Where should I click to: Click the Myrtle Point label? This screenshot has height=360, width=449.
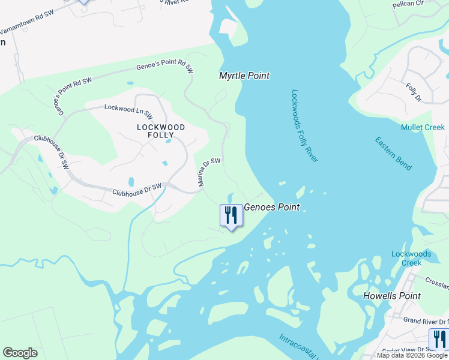tap(244, 76)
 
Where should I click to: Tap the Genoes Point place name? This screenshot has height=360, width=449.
tap(271, 207)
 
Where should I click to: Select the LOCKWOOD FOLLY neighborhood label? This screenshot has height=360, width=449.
tap(161, 131)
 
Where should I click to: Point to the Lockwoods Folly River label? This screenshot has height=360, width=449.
tap(304, 125)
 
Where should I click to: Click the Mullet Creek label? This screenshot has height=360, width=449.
tap(423, 127)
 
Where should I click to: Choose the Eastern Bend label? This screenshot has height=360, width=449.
tap(394, 153)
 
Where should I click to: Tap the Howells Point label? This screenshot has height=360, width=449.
tap(392, 296)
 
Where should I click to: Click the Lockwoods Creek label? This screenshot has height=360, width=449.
tap(411, 259)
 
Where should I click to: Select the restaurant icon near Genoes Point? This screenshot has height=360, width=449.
tap(231, 215)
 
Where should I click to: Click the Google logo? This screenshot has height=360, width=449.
tap(20, 353)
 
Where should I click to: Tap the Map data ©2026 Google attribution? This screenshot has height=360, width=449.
tap(412, 355)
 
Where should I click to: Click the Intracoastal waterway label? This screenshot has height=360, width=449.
tap(297, 346)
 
